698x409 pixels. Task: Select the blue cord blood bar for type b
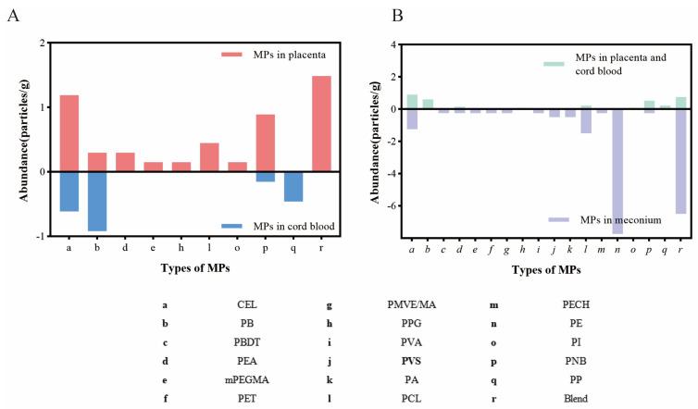click(97, 201)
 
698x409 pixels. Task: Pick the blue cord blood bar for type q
click(293, 186)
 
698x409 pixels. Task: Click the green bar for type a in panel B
click(412, 102)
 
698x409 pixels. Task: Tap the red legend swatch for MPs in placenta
click(231, 56)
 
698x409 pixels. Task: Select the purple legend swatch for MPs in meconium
click(558, 219)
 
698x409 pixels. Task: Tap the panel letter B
click(371, 16)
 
